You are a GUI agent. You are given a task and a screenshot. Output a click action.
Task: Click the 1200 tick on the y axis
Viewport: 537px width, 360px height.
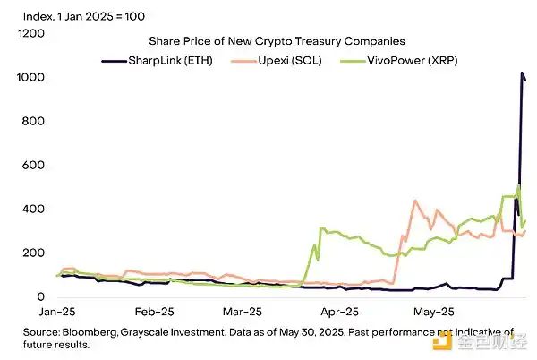point(31,33)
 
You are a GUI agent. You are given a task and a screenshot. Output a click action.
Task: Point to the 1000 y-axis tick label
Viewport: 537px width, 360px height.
point(31,78)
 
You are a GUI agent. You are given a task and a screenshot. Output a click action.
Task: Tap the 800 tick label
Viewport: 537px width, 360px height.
point(34,122)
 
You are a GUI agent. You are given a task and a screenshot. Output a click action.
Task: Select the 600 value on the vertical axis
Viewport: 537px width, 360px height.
point(34,166)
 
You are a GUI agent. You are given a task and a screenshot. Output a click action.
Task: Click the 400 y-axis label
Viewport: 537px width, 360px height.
point(34,210)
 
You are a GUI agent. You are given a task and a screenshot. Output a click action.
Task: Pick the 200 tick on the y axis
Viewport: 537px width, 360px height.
point(34,253)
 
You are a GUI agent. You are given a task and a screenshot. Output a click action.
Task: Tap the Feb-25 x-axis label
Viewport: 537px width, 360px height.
point(154,313)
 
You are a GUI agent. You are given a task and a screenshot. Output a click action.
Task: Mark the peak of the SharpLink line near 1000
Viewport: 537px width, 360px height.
point(522,73)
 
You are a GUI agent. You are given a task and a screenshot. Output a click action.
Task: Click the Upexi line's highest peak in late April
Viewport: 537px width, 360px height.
point(414,201)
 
